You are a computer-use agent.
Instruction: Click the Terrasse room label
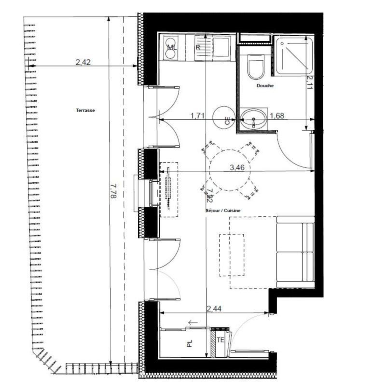point(85,110)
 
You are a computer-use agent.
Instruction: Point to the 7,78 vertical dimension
point(113,192)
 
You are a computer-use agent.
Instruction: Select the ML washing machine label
point(171,47)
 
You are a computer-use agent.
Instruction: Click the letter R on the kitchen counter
point(198,47)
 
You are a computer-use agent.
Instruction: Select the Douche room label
point(265,86)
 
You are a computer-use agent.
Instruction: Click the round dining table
point(230,170)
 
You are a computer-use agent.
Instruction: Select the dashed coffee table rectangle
point(232,255)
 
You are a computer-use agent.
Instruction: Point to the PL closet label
point(190,344)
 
